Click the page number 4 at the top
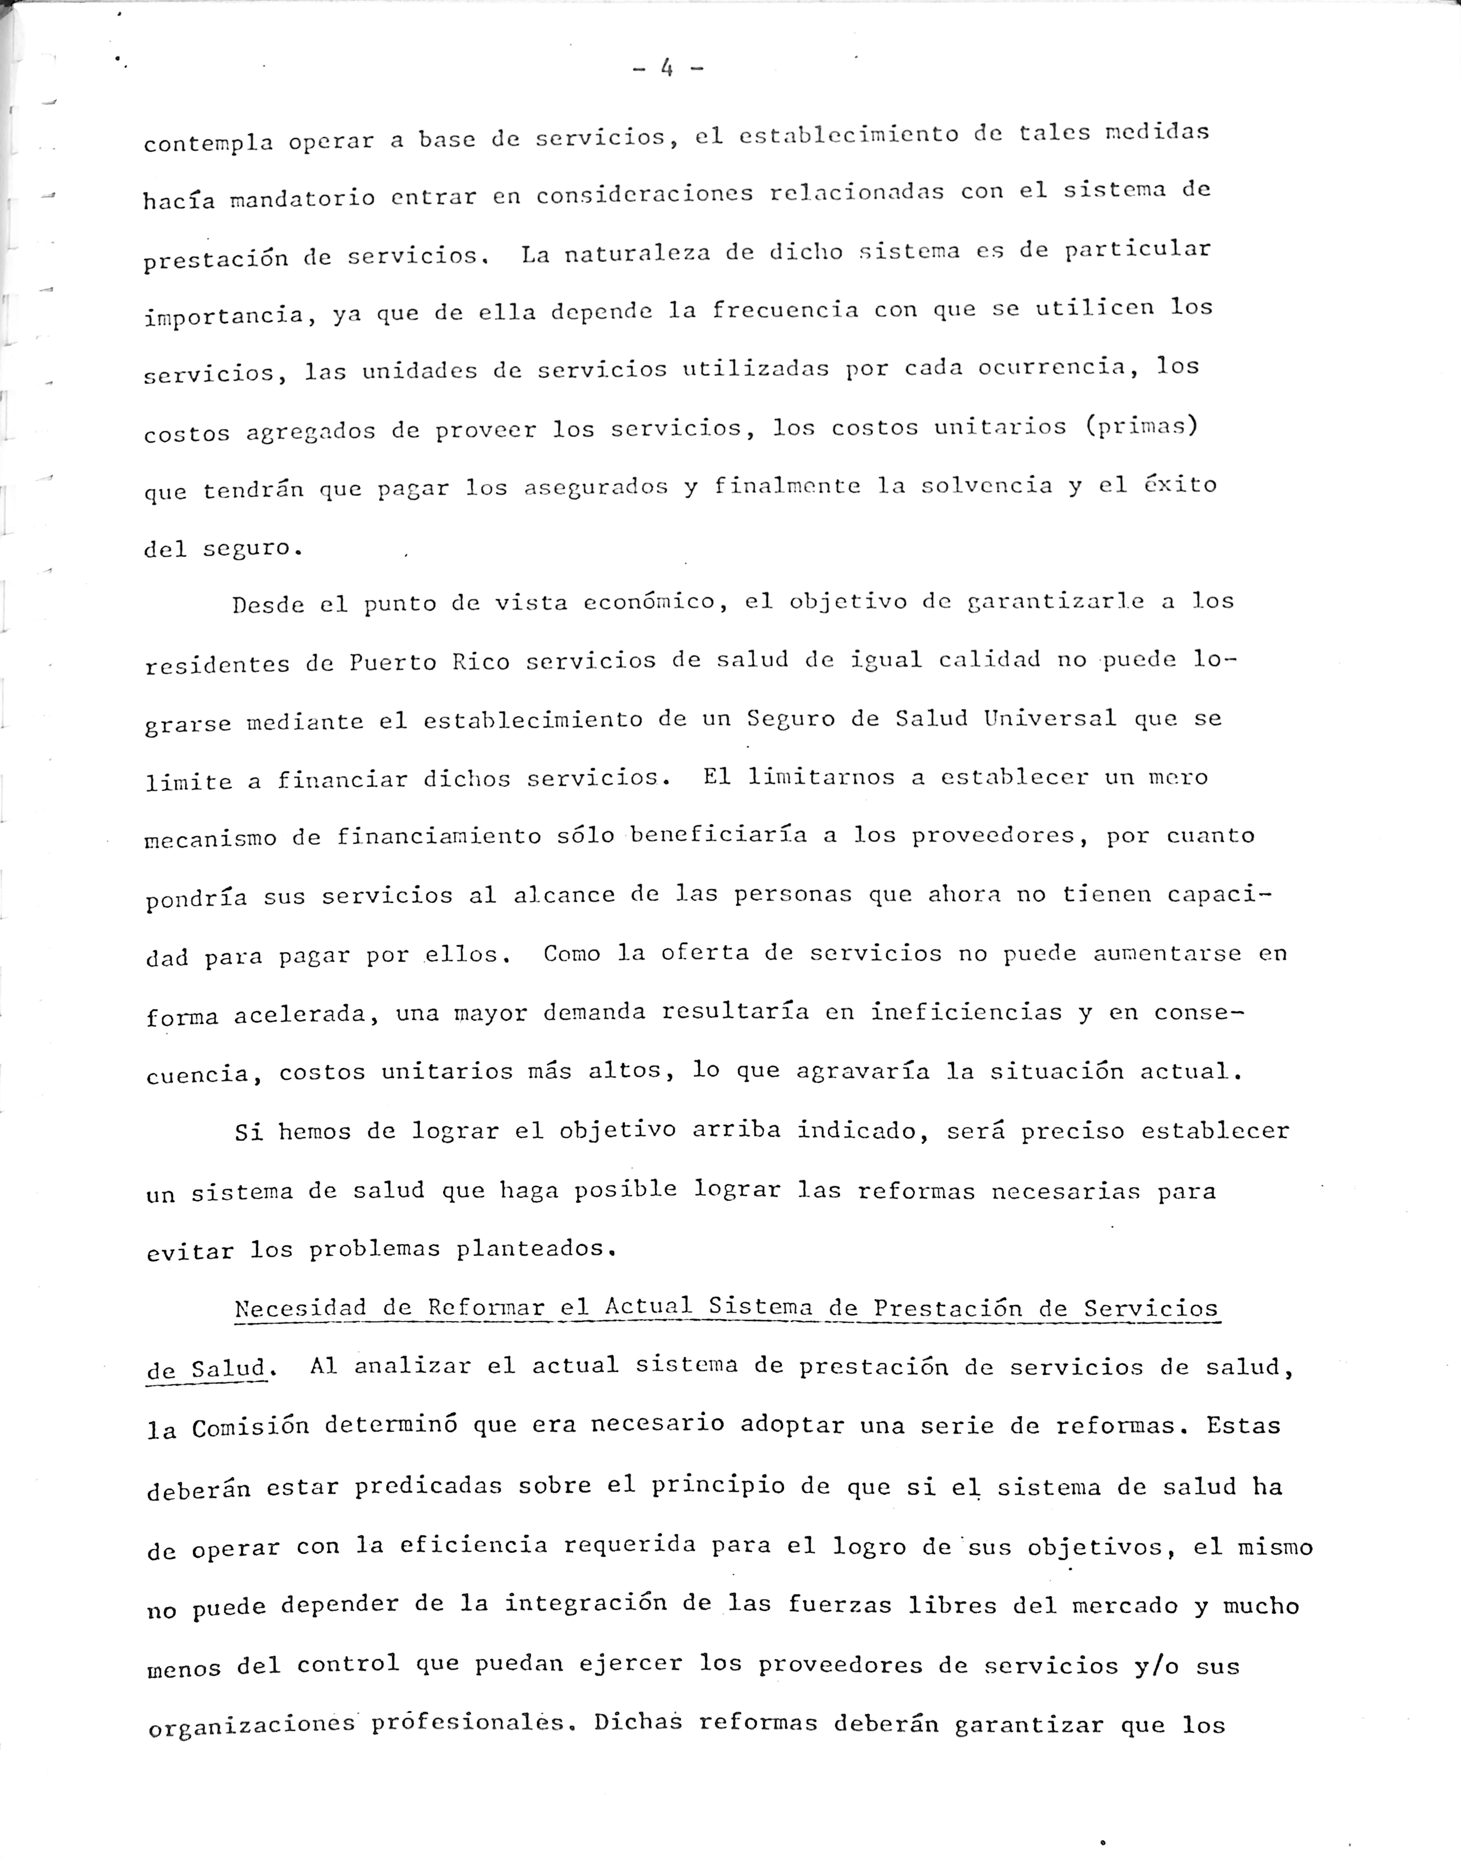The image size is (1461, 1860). click(x=667, y=68)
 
